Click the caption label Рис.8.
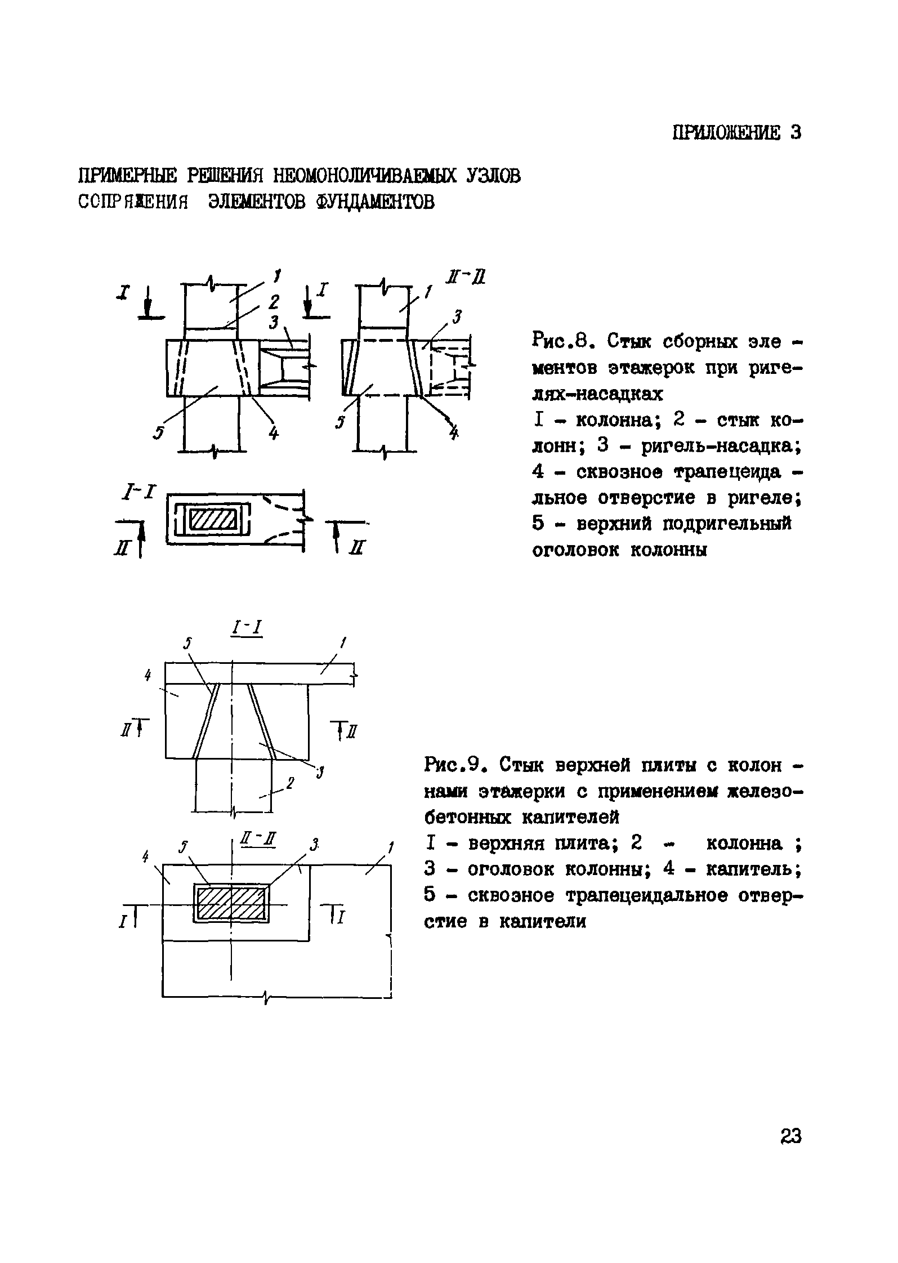pos(560,341)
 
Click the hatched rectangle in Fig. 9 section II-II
pos(232,904)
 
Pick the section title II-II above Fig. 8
pos(472,278)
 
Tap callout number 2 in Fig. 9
pos(291,782)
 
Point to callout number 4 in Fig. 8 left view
pos(274,432)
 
